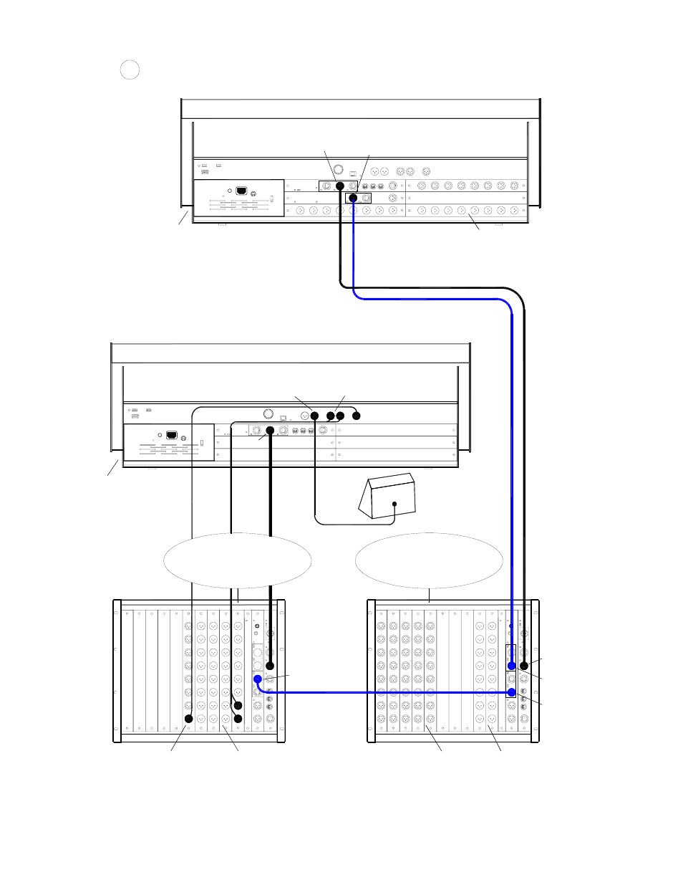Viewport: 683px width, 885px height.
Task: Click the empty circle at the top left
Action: click(x=130, y=70)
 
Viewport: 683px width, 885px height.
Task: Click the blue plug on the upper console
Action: click(x=352, y=198)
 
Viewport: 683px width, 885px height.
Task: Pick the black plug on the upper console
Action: click(x=340, y=186)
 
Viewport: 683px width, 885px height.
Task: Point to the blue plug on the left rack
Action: click(x=257, y=679)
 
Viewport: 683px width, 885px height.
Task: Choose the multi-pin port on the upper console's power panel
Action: click(x=241, y=191)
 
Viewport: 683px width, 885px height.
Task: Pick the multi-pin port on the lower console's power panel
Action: click(x=171, y=434)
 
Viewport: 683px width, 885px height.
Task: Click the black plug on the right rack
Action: click(x=523, y=666)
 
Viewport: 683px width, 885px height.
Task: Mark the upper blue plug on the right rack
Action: click(x=511, y=666)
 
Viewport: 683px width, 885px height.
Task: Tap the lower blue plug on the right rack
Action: click(x=511, y=692)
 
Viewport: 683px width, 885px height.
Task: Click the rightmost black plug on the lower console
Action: click(x=357, y=416)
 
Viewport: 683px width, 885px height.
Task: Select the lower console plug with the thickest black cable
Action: click(x=270, y=431)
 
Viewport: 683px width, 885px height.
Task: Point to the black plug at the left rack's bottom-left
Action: click(x=189, y=718)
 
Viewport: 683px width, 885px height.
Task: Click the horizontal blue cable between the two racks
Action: click(x=387, y=692)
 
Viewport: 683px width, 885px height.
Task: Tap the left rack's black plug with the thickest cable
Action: click(x=270, y=666)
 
